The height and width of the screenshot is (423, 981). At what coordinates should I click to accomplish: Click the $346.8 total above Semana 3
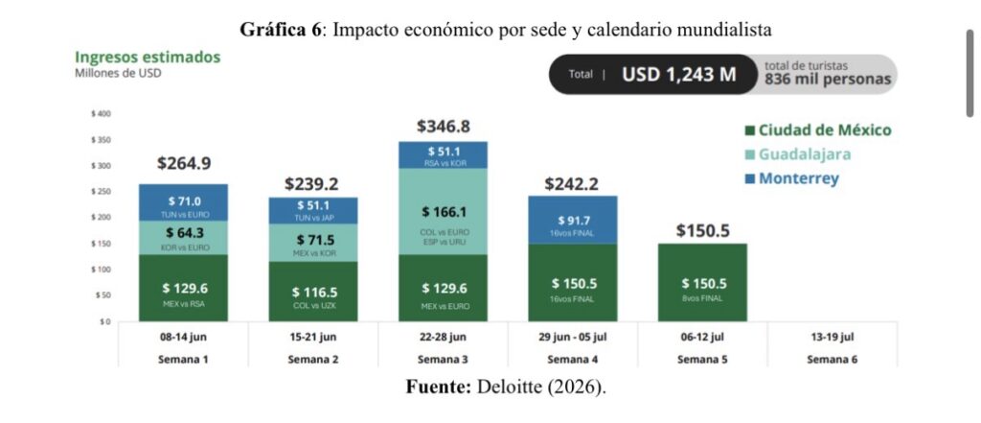(x=443, y=127)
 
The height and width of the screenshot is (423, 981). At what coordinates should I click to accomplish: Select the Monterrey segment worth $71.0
(x=183, y=202)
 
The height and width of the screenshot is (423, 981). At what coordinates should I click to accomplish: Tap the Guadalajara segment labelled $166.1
(x=443, y=212)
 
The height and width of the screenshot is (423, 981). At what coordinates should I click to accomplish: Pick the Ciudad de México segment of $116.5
(x=313, y=292)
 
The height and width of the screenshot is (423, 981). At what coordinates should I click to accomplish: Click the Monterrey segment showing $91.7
(x=573, y=220)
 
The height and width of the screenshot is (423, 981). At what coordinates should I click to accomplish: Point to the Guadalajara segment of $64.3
(x=183, y=238)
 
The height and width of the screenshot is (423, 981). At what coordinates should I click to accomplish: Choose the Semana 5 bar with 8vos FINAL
(x=702, y=283)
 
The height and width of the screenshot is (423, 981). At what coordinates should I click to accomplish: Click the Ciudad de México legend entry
(x=818, y=131)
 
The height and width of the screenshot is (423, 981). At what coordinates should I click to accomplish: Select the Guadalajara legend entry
(x=798, y=154)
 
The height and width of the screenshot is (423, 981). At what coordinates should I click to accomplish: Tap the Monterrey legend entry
(x=791, y=178)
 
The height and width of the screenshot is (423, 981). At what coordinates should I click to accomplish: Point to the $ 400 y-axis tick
(x=102, y=114)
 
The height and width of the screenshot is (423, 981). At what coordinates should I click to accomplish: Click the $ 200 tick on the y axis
(x=102, y=218)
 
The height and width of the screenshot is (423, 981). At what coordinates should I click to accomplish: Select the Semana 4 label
(x=573, y=360)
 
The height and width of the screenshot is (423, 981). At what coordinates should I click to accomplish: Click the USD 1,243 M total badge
(x=652, y=75)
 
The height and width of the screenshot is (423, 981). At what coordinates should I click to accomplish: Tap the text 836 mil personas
(x=827, y=80)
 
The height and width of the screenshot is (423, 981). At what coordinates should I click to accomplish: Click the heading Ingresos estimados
(x=148, y=58)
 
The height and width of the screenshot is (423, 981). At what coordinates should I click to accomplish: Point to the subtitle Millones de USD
(x=118, y=73)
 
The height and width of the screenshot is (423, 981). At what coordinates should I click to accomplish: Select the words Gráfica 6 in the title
(x=280, y=30)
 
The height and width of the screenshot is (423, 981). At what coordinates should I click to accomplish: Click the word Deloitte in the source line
(x=510, y=387)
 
